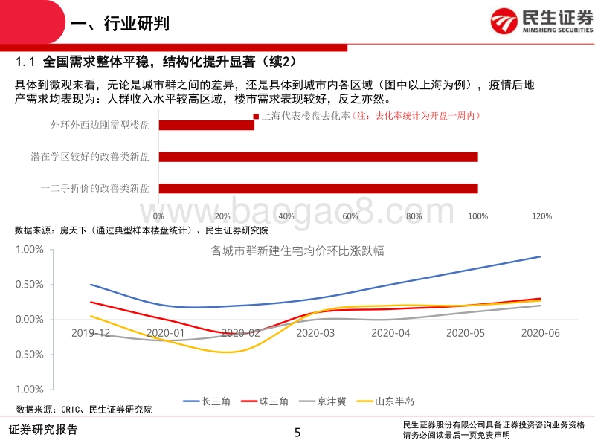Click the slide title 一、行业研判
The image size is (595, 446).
[x=119, y=25]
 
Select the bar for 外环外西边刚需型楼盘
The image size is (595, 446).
[x=206, y=125]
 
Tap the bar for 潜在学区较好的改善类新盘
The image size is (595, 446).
[x=318, y=157]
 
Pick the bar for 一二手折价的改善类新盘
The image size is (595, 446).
[x=318, y=189]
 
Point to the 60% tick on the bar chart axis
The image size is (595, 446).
[x=350, y=216]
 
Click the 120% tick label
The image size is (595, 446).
[x=541, y=216]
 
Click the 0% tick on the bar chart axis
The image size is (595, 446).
[x=158, y=216]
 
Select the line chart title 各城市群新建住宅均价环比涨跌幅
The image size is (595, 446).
[x=297, y=251]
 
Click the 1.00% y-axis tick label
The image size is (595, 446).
[x=30, y=250]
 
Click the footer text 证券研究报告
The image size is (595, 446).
[x=42, y=430]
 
